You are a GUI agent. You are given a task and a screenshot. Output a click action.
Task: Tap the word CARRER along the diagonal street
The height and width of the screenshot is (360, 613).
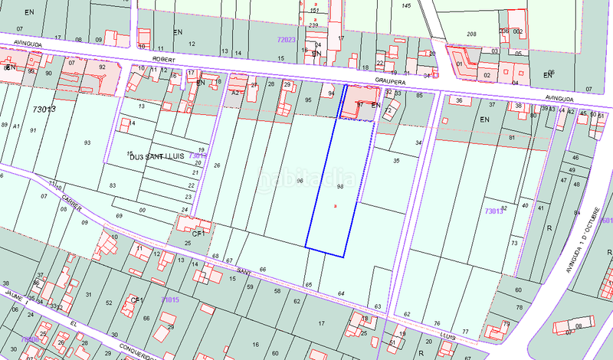[70, 198]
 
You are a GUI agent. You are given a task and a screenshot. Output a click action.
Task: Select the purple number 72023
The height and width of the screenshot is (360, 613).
[287, 39]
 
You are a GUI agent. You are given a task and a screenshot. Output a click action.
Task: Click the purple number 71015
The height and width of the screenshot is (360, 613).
[169, 299]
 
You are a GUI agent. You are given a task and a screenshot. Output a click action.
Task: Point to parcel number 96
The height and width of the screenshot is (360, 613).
[300, 181]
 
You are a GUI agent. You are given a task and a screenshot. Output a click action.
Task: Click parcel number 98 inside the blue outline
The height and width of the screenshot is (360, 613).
[340, 187]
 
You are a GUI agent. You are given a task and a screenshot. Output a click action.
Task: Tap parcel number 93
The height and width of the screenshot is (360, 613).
[87, 143]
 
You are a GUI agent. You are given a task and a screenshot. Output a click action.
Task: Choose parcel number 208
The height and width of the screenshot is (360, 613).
[472, 35]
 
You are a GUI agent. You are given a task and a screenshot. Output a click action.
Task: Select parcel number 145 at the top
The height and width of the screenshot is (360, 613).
[406, 6]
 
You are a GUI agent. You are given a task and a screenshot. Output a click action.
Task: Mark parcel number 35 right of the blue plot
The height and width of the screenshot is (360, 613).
[396, 161]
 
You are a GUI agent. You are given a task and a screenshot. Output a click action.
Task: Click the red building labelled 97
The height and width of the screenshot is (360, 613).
[359, 105]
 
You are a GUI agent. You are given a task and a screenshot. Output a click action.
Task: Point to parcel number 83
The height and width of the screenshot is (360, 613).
[113, 186]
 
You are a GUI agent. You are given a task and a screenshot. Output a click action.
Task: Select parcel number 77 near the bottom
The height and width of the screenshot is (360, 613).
[465, 332]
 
